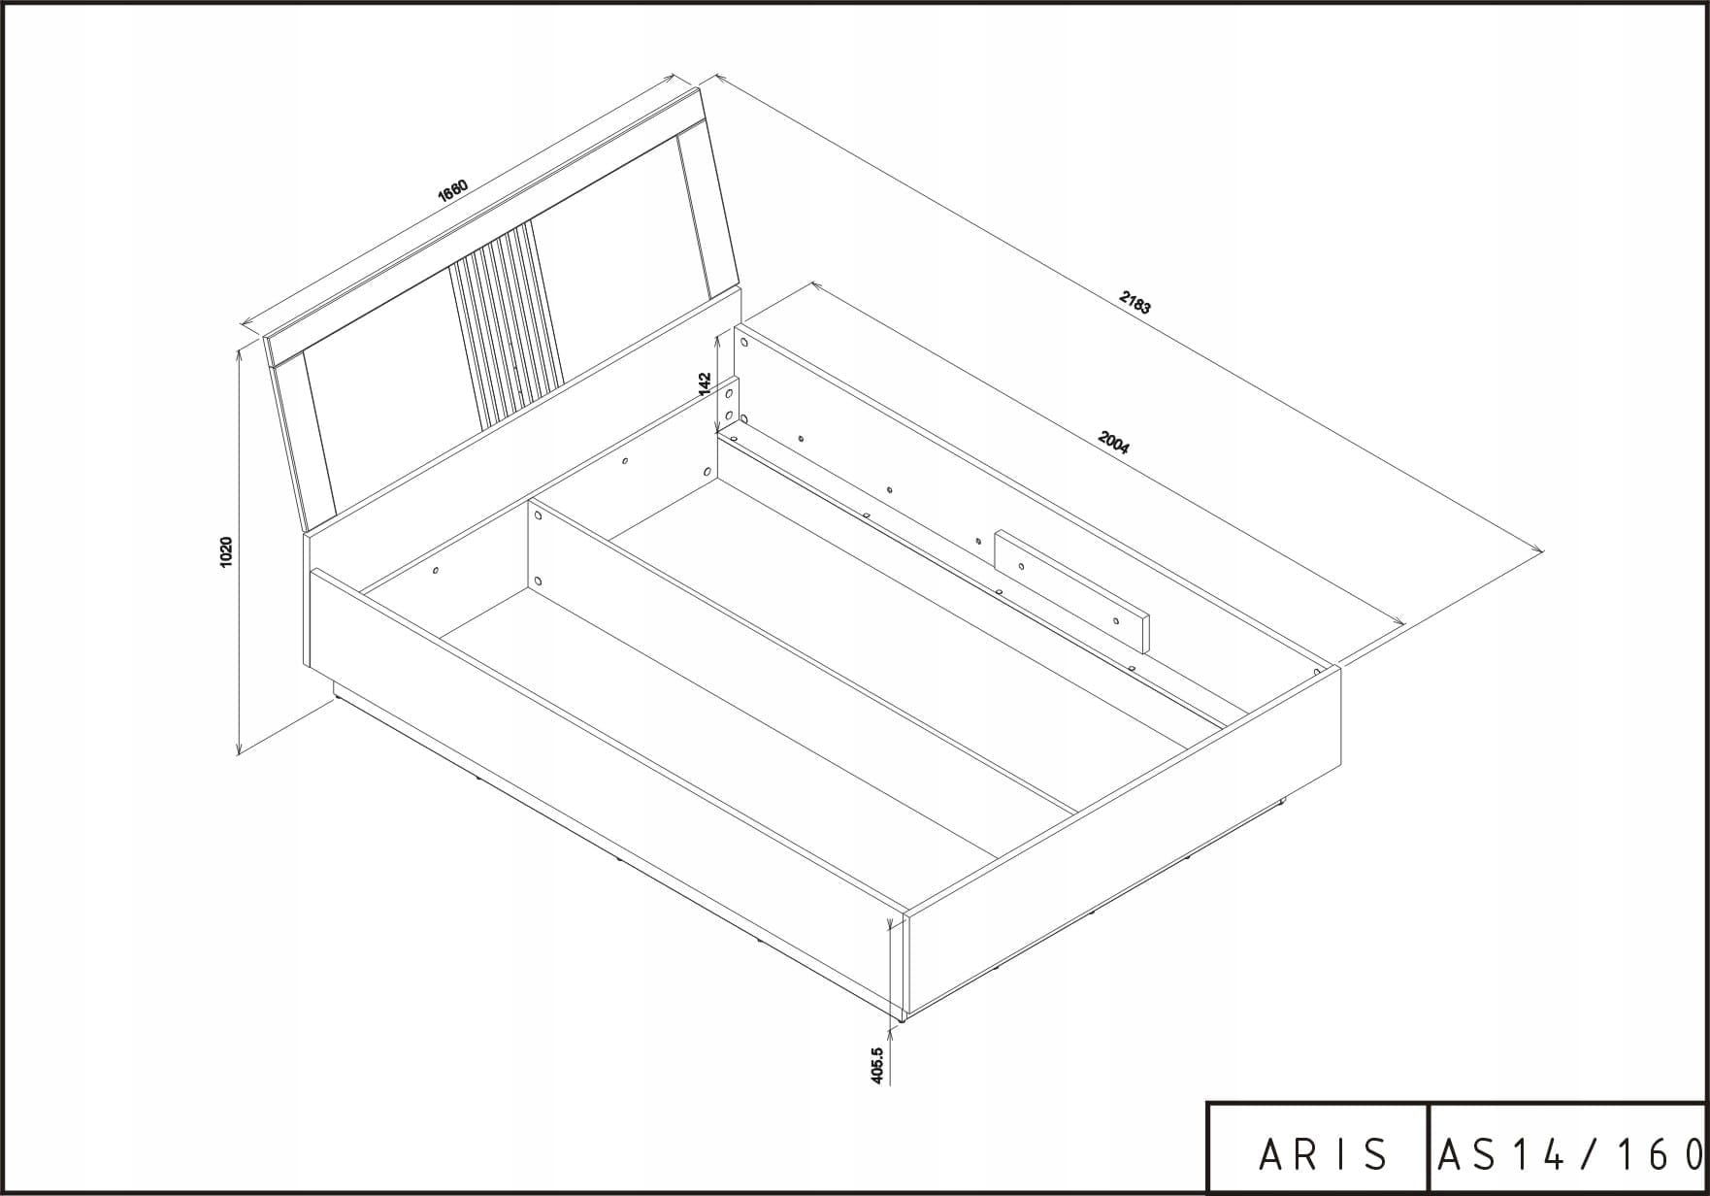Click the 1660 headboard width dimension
[453, 190]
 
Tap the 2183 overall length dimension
[1135, 303]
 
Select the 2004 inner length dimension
[1112, 442]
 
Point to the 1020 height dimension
[226, 550]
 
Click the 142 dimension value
[706, 382]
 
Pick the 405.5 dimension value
[877, 1065]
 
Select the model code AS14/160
[1569, 1154]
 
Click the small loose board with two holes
[1071, 590]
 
